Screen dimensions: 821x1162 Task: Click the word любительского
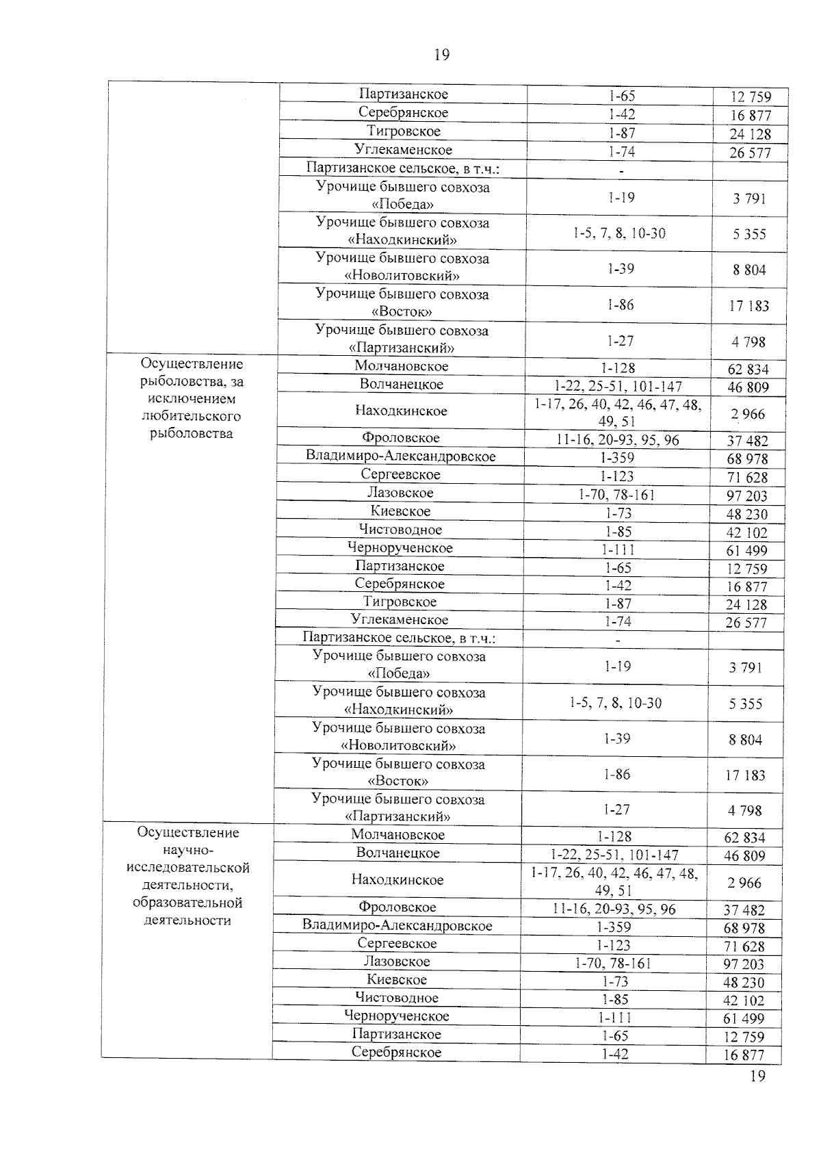191,416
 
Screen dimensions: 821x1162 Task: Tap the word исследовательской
188,868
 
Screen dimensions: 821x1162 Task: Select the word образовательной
187,903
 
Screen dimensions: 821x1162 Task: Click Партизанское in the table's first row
404,94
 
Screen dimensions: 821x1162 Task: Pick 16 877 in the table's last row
744,1055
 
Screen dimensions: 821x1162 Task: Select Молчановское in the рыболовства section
402,366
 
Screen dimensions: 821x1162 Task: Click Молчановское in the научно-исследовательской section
398,834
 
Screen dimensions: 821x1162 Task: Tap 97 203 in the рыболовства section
747,495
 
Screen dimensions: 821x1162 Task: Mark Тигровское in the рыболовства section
400,602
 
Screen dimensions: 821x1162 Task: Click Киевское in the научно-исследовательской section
397,979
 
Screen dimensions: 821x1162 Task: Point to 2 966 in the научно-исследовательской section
744,883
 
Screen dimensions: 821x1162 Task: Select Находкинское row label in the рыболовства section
401,411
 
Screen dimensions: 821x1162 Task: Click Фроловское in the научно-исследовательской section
397,907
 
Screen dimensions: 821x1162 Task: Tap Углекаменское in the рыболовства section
400,620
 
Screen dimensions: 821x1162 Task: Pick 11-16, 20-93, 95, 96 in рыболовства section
618,440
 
